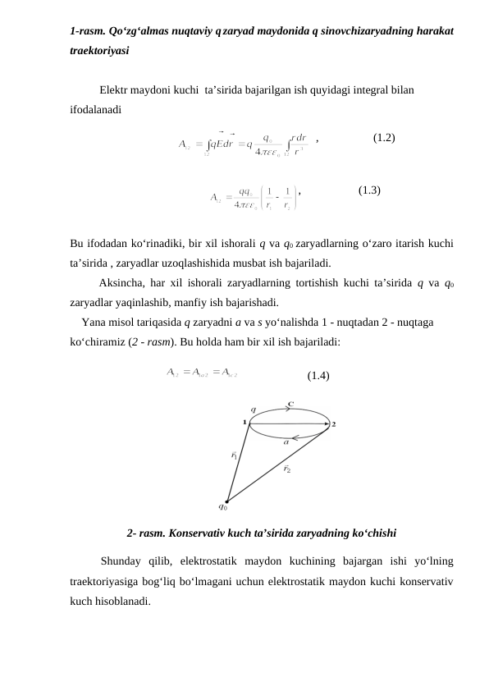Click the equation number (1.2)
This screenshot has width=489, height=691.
pyautogui.click(x=384, y=138)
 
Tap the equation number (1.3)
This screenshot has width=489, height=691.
pyautogui.click(x=369, y=190)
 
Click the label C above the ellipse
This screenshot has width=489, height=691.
pyautogui.click(x=290, y=404)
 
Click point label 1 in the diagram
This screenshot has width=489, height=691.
pyautogui.click(x=244, y=422)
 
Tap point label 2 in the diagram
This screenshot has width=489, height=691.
pyautogui.click(x=334, y=424)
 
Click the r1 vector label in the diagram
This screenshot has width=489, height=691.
pyautogui.click(x=234, y=454)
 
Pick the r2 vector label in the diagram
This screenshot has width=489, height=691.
pyautogui.click(x=287, y=469)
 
